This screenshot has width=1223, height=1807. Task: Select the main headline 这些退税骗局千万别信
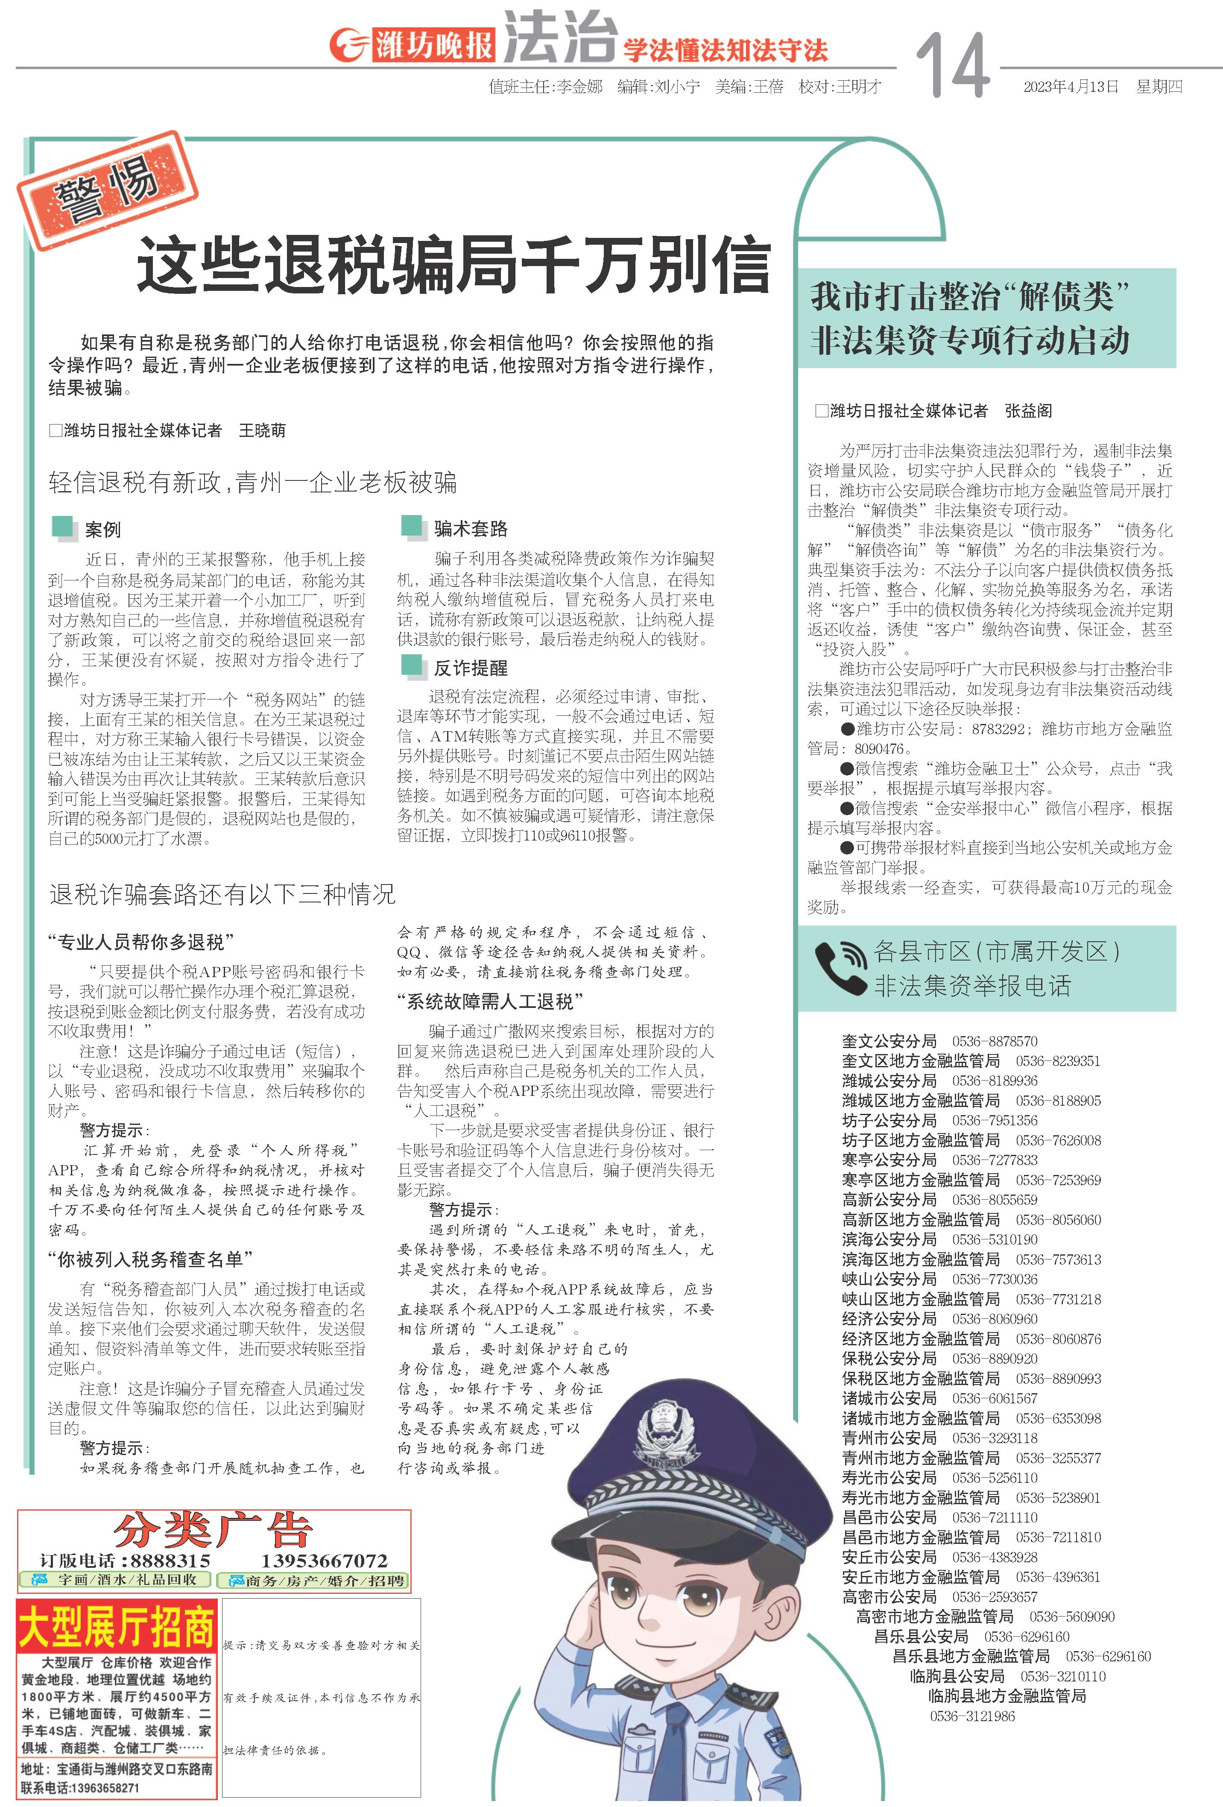click(x=453, y=266)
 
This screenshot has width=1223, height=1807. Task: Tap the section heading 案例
click(x=102, y=530)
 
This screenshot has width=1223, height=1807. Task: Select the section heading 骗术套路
click(x=471, y=529)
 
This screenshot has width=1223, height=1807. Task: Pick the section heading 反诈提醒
click(x=471, y=667)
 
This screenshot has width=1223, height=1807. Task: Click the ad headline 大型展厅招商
click(x=117, y=1626)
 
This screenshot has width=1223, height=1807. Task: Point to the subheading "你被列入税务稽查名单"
click(x=150, y=1259)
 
